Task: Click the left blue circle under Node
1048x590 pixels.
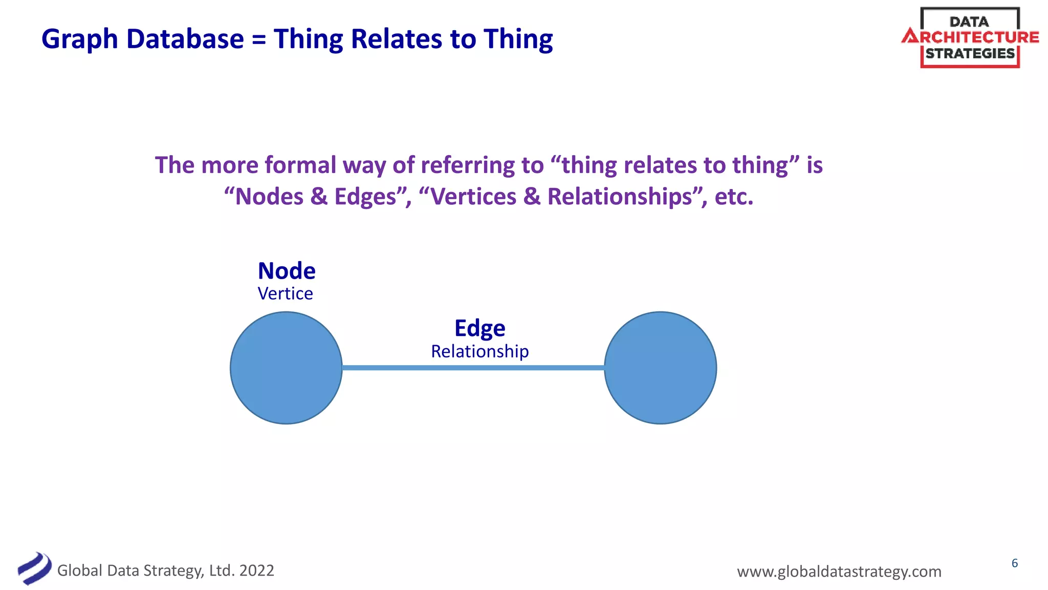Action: coord(286,368)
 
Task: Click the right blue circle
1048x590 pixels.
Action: coord(660,368)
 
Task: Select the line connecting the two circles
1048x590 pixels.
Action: coord(473,368)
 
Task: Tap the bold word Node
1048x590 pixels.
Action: coord(287,271)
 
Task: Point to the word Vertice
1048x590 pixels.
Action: coord(285,294)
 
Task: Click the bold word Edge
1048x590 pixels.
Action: coord(479,329)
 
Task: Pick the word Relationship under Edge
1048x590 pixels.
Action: coord(479,351)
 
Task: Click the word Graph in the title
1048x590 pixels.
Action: coord(80,40)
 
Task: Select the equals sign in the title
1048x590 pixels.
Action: coord(259,40)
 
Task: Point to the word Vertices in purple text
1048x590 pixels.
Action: coord(473,197)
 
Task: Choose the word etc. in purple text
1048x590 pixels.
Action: coord(734,197)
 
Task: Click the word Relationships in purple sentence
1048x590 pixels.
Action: coord(620,197)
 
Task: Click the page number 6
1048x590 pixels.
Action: coord(1014,563)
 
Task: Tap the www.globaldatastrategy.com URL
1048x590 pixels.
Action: coord(839,572)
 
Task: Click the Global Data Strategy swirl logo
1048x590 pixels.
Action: coord(34,568)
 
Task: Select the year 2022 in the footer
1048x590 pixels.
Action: coord(256,571)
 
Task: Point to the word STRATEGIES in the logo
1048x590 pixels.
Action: coord(970,54)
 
